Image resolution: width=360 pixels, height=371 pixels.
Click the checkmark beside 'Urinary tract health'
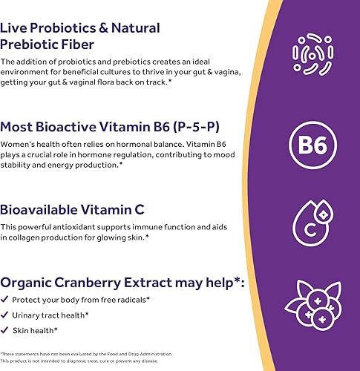[6, 315]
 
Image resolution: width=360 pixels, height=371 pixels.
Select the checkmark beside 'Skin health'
[6, 330]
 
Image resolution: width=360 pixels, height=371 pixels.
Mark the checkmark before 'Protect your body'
[6, 300]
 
